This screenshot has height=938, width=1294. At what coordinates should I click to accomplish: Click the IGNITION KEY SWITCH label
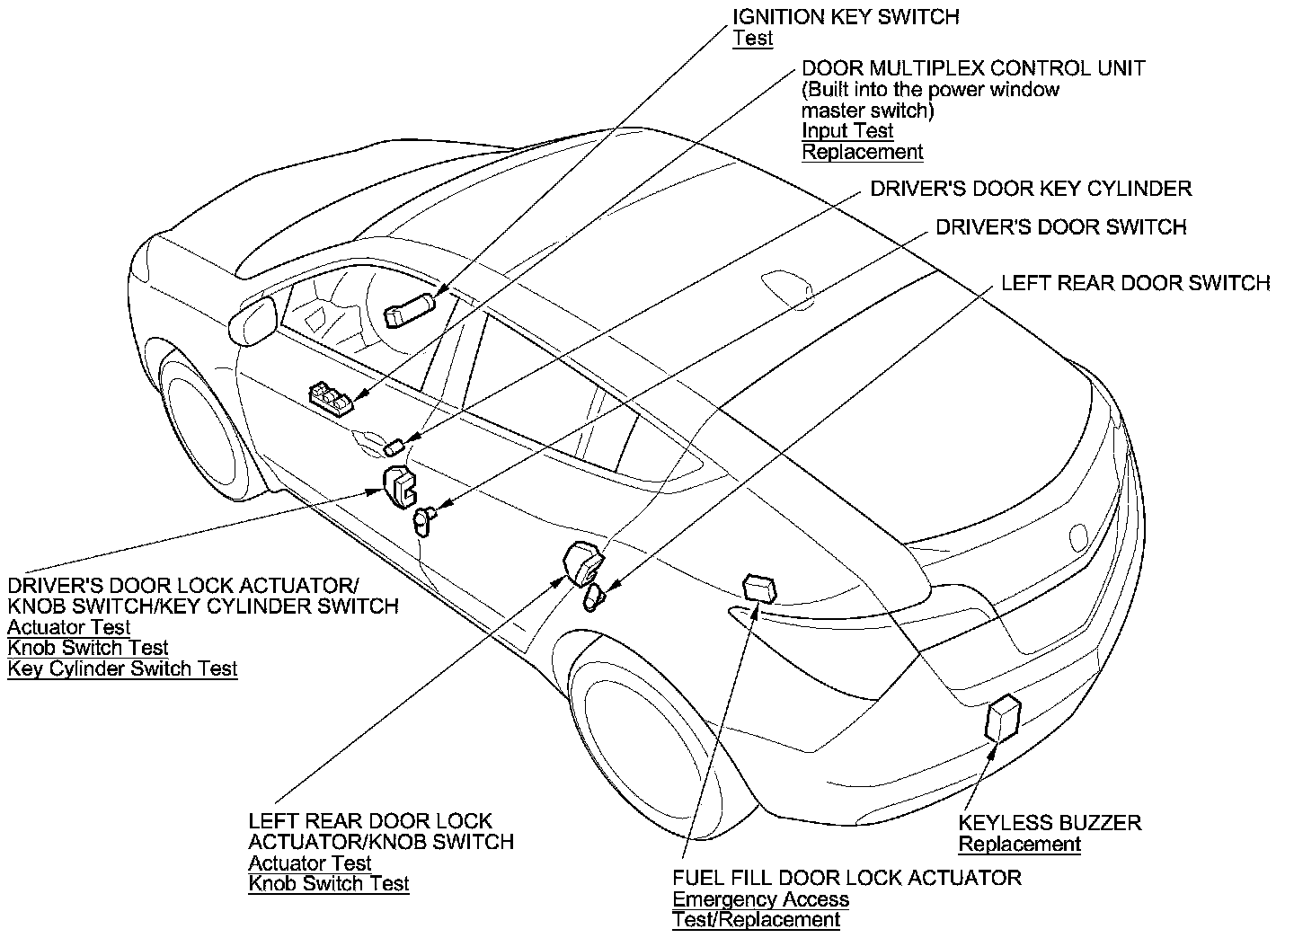(x=846, y=17)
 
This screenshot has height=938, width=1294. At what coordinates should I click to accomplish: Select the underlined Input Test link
(x=847, y=130)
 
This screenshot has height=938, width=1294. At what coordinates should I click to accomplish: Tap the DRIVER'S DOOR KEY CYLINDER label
(x=1032, y=189)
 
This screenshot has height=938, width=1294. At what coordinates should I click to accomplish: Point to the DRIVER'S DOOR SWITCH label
(x=1061, y=227)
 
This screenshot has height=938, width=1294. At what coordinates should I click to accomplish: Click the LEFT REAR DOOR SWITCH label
(x=1136, y=283)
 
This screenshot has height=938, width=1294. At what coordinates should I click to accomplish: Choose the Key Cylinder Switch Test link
(x=122, y=668)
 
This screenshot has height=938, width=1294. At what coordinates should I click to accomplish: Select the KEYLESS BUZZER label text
(x=1050, y=822)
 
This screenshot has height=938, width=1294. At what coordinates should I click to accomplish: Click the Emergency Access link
(x=761, y=899)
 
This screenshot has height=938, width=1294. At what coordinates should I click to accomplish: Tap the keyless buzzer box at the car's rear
(x=1003, y=719)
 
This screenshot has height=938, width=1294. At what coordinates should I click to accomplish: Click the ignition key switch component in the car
(x=410, y=310)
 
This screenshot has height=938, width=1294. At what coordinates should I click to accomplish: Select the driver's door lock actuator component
(x=399, y=487)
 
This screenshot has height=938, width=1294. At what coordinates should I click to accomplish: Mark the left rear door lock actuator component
(x=583, y=563)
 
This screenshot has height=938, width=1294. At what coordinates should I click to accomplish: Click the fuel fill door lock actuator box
(x=759, y=588)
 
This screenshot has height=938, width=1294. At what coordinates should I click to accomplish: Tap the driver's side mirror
(x=253, y=321)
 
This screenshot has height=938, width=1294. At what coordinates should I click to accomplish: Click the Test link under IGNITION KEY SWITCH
(x=753, y=39)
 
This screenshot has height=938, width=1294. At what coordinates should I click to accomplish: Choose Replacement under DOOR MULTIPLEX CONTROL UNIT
(x=863, y=152)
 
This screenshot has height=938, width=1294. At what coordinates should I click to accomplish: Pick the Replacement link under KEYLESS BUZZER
(x=1020, y=844)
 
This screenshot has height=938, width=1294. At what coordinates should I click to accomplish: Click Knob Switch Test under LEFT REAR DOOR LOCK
(x=329, y=883)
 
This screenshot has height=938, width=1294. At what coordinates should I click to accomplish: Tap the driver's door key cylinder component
(x=394, y=447)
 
